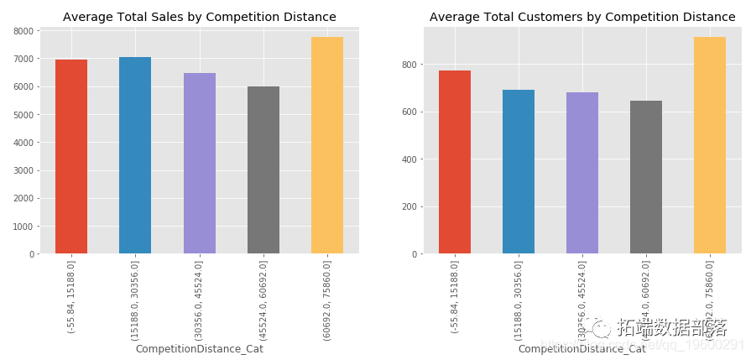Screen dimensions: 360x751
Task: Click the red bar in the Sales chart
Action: (71, 157)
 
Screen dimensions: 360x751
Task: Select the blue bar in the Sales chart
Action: (135, 155)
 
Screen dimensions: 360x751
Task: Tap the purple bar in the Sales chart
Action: (200, 164)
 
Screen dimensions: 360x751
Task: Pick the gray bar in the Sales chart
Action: (263, 170)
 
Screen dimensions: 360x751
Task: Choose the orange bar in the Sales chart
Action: (327, 145)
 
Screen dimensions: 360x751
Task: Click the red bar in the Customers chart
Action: (455, 162)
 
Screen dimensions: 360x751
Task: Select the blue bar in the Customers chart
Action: (519, 172)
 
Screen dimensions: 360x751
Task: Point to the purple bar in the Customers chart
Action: (582, 173)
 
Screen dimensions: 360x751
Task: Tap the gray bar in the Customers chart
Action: (646, 177)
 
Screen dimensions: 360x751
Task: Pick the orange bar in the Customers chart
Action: (710, 145)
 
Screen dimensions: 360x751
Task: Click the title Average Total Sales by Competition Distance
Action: (200, 17)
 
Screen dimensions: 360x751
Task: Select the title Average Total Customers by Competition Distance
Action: (582, 17)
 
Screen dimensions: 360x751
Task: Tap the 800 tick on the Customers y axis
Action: (408, 65)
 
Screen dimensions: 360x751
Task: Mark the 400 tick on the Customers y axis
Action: (408, 159)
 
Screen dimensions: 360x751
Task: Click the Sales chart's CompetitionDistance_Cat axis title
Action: (200, 349)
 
